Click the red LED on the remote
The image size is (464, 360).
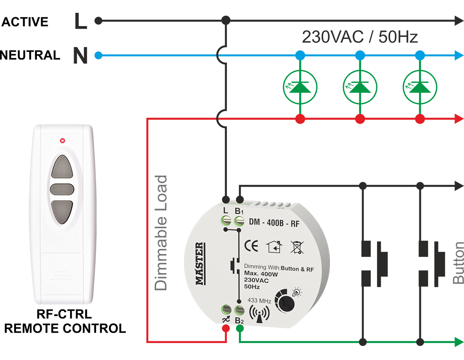(63, 140)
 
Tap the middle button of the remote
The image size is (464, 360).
(62, 190)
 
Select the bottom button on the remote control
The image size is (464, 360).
(62, 212)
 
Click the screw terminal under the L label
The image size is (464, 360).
(226, 222)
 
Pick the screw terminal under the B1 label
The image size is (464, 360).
(239, 222)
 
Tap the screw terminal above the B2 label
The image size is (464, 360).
(239, 309)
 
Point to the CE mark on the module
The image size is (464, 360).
(252, 246)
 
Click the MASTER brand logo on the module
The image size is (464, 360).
(200, 264)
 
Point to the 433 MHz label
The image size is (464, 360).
(259, 300)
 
